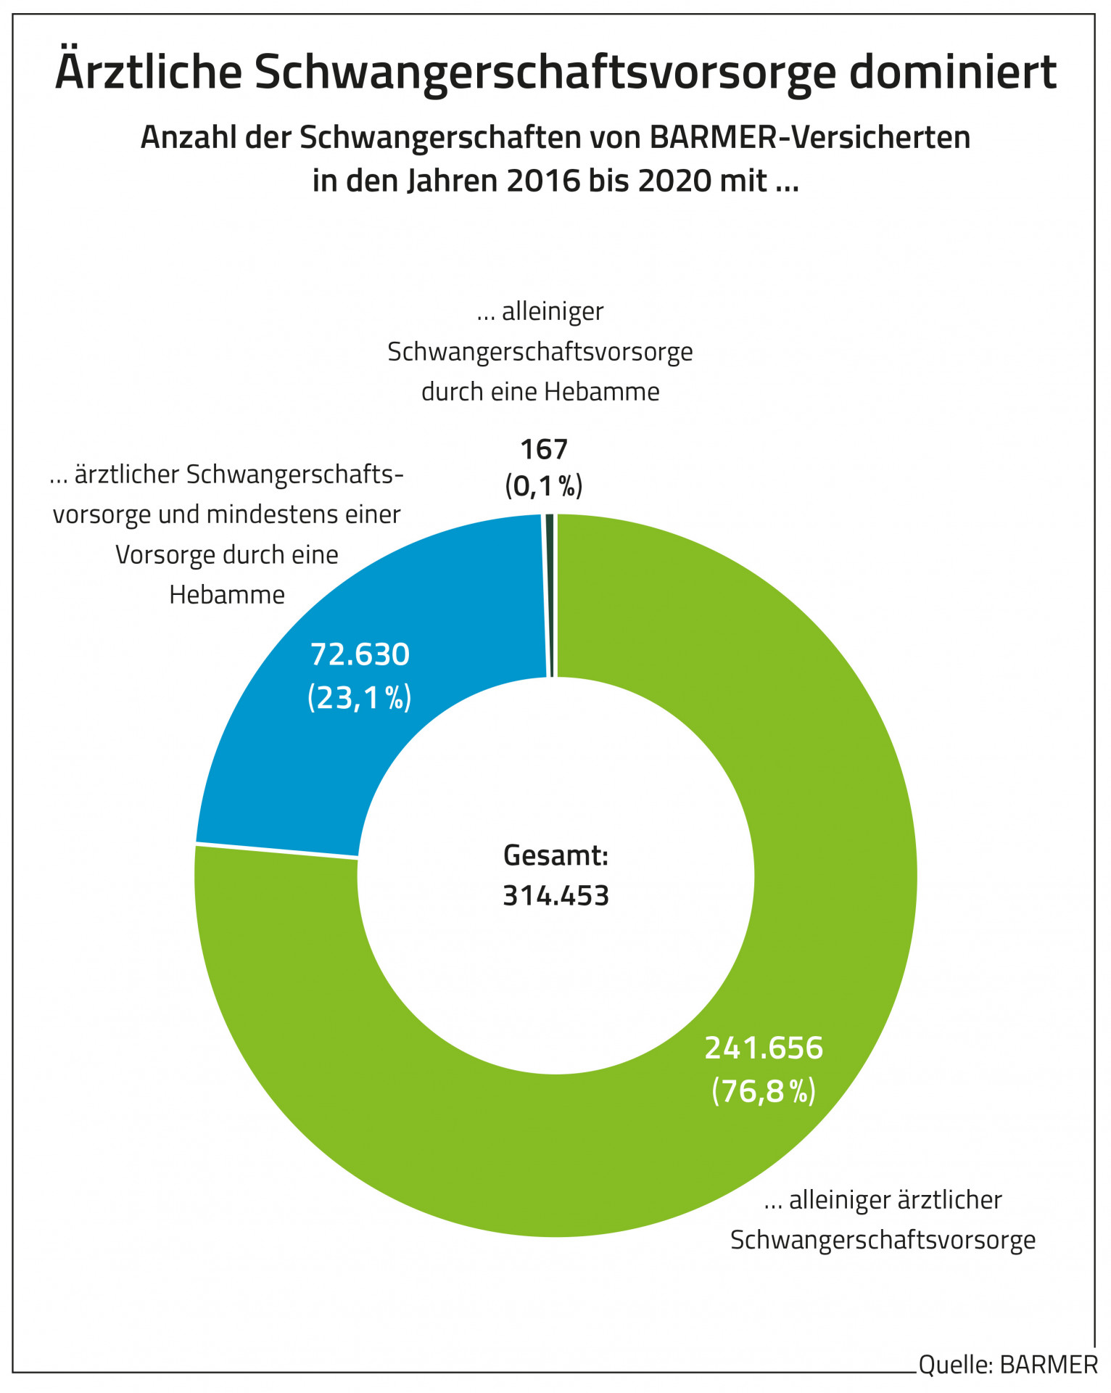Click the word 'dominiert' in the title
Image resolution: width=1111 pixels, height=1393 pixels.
point(952,72)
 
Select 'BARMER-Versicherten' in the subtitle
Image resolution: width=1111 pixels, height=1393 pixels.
point(810,137)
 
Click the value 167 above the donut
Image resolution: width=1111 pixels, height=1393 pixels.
point(544,450)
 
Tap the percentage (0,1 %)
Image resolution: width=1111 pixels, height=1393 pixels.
point(544,485)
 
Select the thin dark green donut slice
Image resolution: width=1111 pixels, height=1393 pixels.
point(550,595)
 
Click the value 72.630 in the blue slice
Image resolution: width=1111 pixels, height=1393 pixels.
point(360,654)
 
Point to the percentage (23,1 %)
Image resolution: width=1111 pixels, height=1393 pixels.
point(360,697)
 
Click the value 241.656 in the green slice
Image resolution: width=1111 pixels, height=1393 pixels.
point(764,1048)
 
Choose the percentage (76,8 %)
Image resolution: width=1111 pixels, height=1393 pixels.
point(764,1090)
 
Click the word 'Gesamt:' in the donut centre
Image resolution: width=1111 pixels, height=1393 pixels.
point(555,856)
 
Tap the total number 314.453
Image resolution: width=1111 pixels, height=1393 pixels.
point(555,896)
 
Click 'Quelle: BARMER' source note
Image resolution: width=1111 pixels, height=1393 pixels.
point(1008,1365)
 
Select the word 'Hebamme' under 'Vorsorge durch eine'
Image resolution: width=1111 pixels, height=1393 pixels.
point(227,595)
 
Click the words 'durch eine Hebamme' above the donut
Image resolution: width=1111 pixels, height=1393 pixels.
point(540,392)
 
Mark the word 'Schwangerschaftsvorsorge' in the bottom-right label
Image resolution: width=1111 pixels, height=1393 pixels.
point(883,1240)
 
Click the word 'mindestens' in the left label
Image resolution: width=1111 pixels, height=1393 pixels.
point(275,514)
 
